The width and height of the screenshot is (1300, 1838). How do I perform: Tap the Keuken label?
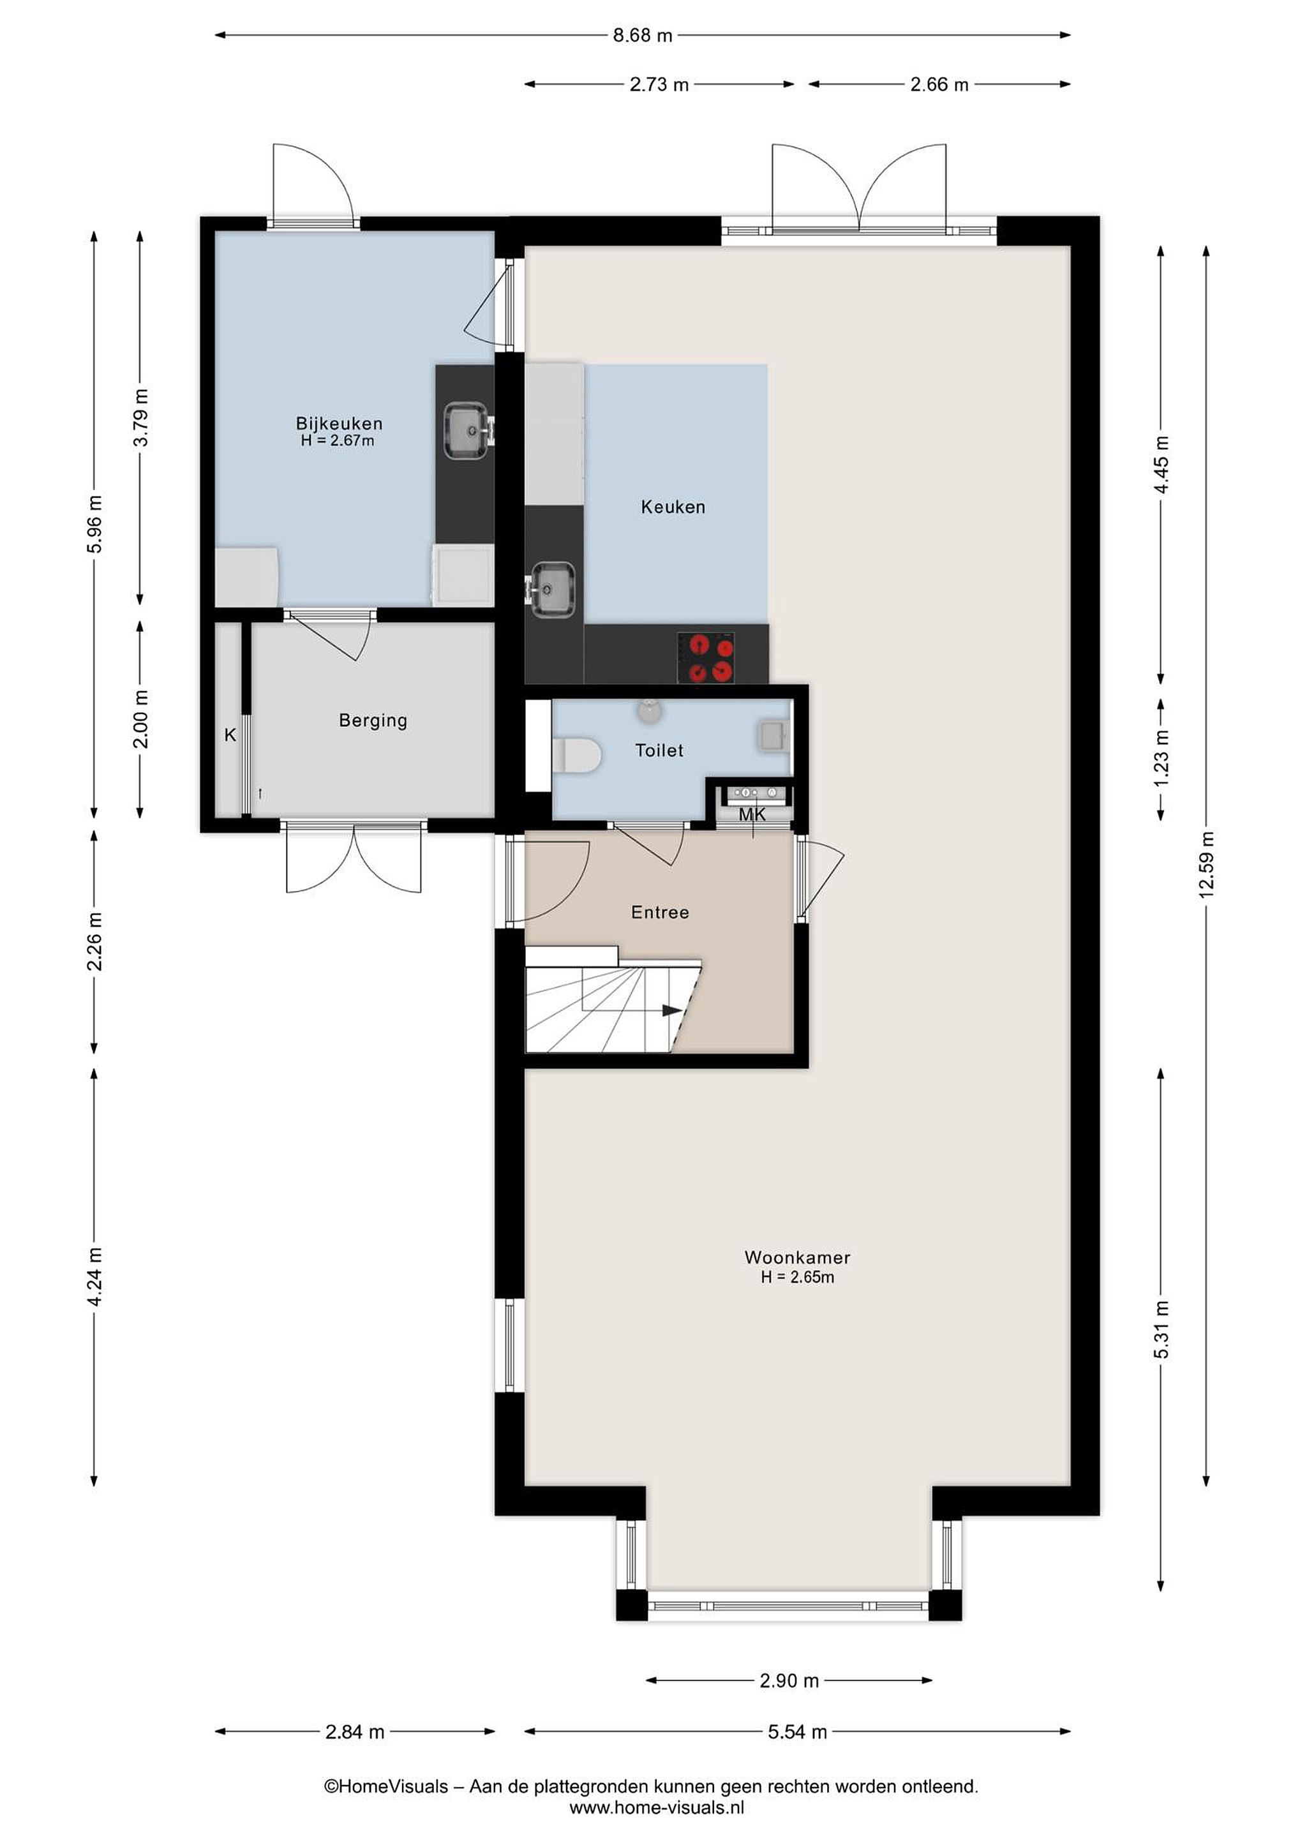click(673, 507)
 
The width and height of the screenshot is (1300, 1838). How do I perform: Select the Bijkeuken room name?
click(340, 424)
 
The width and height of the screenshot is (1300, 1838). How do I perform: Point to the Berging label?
click(373, 721)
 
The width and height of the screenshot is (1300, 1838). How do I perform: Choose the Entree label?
click(660, 912)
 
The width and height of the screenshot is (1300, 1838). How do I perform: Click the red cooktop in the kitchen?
click(706, 657)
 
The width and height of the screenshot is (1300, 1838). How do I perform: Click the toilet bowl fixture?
click(576, 756)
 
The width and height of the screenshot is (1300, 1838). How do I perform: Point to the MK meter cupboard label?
click(752, 815)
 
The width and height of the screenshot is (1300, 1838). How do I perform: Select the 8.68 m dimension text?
click(643, 35)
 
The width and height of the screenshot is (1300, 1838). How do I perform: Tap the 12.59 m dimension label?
click(1206, 865)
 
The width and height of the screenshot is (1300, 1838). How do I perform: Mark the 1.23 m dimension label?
click(1161, 758)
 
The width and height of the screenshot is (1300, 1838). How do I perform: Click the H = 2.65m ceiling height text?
click(797, 1277)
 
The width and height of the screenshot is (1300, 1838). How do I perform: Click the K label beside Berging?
click(230, 734)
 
